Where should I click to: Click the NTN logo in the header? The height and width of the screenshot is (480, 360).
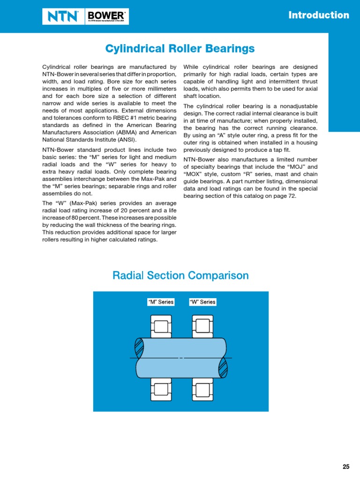(63, 17)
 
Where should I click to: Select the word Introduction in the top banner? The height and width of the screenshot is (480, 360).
(319, 15)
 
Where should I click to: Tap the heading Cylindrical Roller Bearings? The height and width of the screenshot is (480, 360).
(180, 48)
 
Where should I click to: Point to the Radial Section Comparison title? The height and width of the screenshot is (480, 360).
(180, 275)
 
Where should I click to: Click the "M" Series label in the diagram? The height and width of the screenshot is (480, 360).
(161, 302)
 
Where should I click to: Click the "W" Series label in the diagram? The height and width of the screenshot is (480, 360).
(202, 302)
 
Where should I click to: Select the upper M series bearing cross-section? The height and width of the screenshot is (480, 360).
(161, 325)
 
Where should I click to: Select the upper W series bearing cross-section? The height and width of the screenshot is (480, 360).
(202, 325)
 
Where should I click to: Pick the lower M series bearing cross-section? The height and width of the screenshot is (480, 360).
(161, 389)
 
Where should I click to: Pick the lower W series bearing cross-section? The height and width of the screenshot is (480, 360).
(202, 389)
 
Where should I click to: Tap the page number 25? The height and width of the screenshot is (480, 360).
(346, 466)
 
